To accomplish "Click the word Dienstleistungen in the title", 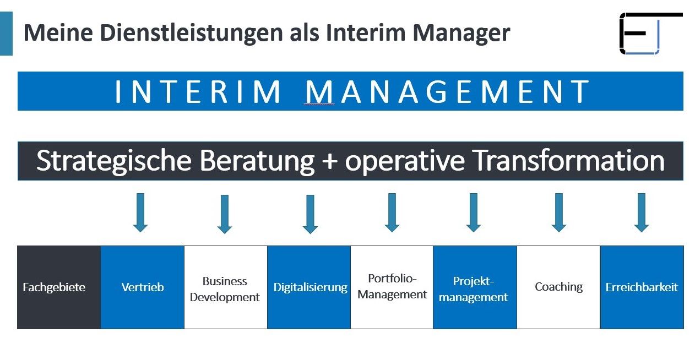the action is click(x=192, y=33).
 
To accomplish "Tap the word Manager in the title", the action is click(x=461, y=33).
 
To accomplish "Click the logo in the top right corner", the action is click(x=651, y=34).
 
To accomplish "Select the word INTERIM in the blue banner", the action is click(x=198, y=91).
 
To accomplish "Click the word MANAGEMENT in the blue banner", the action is click(x=447, y=91).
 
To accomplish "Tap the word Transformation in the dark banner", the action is click(x=569, y=161).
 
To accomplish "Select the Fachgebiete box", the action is click(x=59, y=287).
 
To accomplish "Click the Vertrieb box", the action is click(x=143, y=287).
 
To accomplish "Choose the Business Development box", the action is click(x=226, y=287).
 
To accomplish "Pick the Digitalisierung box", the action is click(x=309, y=287).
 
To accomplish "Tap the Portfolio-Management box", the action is click(x=392, y=287).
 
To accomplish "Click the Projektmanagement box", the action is click(x=475, y=287).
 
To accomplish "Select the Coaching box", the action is click(x=558, y=287).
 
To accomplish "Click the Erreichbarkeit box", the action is click(x=642, y=287).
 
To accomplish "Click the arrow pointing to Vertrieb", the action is click(x=140, y=212).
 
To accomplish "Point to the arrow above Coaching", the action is click(x=559, y=212).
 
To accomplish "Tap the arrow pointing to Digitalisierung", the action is click(x=310, y=214).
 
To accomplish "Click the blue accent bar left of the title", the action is click(x=6, y=34).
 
